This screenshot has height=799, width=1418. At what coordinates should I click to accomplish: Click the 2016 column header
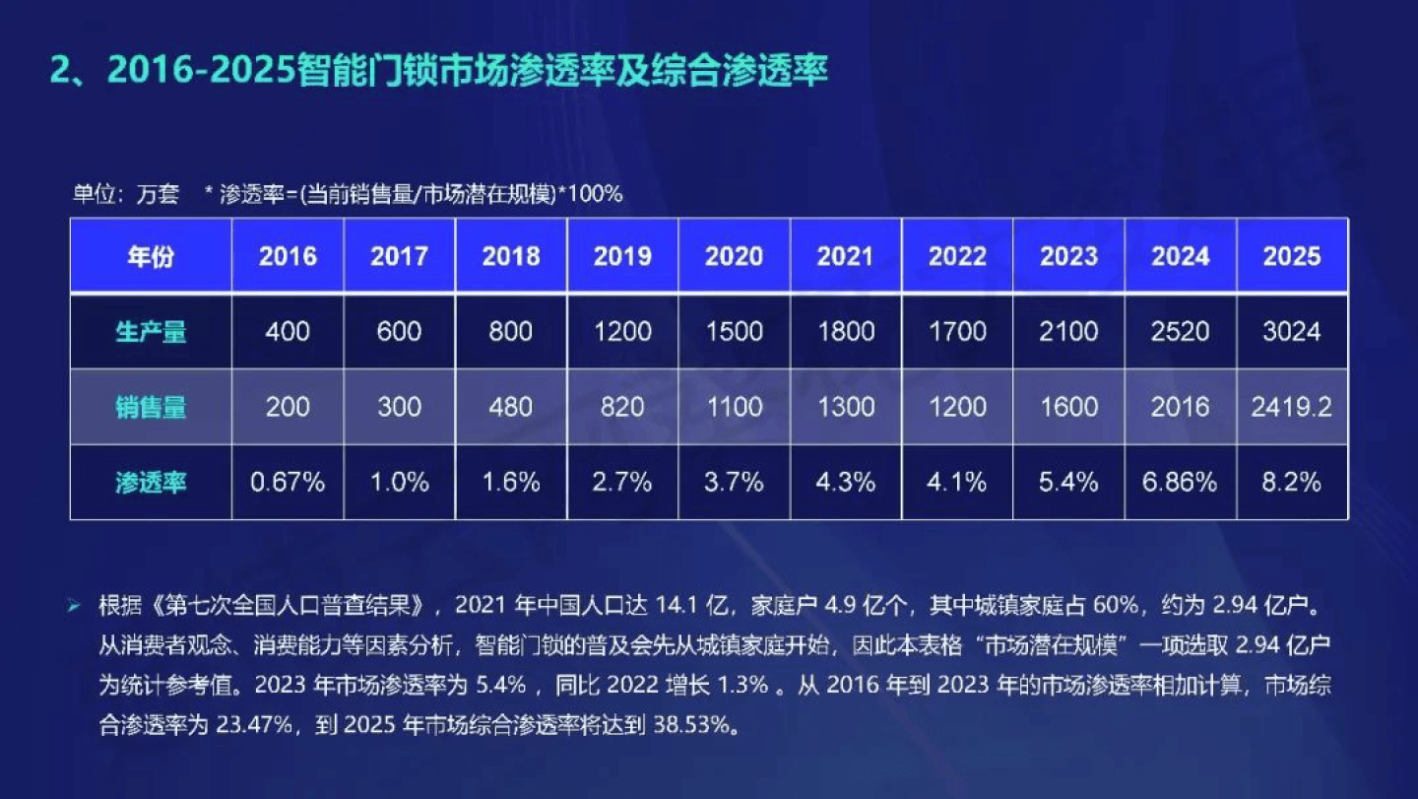pos(288,256)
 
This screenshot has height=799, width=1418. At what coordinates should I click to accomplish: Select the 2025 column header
pos(1292,256)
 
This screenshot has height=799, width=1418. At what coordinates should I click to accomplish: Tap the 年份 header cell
pos(151,256)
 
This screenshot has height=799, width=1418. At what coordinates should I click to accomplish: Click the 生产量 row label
pos(151,331)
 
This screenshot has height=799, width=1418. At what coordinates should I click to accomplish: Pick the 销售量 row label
pos(151,407)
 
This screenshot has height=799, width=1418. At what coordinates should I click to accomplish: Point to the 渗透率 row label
pos(151,483)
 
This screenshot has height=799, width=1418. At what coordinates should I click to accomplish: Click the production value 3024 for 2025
pos(1292,331)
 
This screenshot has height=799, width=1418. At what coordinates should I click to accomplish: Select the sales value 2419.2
pos(1292,407)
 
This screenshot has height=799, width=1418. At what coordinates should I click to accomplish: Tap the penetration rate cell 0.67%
pos(288,483)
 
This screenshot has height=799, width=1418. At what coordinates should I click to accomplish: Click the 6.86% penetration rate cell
pos(1181,483)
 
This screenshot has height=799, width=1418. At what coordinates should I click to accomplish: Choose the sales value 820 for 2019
pos(622,407)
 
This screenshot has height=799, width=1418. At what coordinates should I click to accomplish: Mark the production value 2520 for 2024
pos(1181,331)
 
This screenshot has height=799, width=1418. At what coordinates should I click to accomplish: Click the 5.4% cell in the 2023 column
pos(1069,483)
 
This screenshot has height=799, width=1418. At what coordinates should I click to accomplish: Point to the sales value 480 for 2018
pos(511,407)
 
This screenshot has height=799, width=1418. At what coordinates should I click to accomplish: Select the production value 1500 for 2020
pos(735,331)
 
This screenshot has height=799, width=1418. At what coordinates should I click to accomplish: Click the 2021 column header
pos(846,256)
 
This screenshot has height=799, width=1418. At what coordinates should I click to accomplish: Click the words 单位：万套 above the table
pos(126,194)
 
